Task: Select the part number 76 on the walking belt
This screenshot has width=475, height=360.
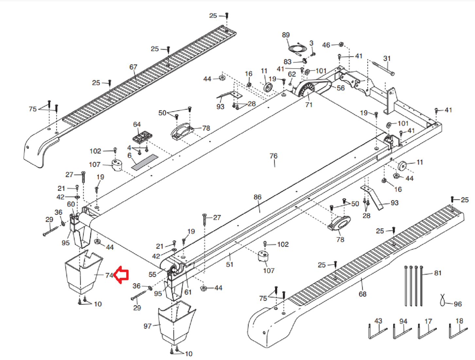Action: [273, 156]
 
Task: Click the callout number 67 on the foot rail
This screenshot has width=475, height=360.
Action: [133, 67]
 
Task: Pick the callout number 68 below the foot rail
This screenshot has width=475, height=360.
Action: [362, 294]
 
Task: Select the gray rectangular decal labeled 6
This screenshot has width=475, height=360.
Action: [145, 162]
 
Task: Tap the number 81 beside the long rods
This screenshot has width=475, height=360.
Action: [438, 273]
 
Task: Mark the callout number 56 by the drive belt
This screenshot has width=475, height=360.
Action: [341, 88]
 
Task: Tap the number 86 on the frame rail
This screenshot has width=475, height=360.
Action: [257, 197]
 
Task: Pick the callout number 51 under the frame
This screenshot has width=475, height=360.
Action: [230, 264]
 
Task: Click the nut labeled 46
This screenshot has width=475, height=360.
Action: [341, 44]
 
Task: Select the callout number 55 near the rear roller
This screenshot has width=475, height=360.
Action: [152, 274]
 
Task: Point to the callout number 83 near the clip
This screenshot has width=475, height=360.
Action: [287, 62]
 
